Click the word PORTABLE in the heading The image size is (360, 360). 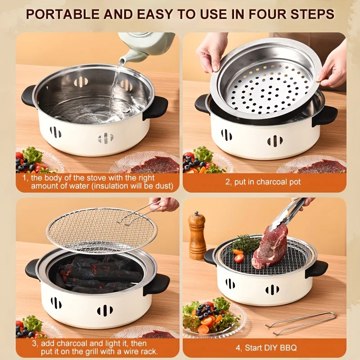pos(63,14)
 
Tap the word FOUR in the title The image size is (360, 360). pos(268,14)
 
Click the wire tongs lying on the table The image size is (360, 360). pos(301,324)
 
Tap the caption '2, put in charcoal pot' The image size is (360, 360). pos(263,182)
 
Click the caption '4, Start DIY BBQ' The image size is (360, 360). pos(266,347)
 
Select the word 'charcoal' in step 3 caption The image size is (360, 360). pos(73,343)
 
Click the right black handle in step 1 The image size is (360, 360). pos(155,108)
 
